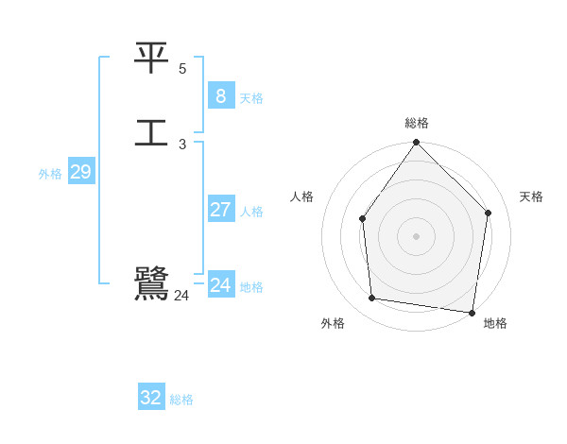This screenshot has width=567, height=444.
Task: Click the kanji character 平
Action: pyautogui.click(x=151, y=60)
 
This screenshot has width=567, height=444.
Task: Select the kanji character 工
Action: pyautogui.click(x=151, y=130)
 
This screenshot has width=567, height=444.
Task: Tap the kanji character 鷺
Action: pyautogui.click(x=151, y=282)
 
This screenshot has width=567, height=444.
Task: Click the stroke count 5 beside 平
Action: pyautogui.click(x=182, y=69)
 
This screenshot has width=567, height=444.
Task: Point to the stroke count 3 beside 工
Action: pyautogui.click(x=182, y=145)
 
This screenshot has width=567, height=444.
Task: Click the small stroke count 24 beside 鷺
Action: pyautogui.click(x=181, y=296)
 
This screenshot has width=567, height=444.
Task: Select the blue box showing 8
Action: pyautogui.click(x=220, y=95)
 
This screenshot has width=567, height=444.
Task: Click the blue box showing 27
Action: pyautogui.click(x=220, y=210)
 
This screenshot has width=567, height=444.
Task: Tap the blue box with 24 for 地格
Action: pyautogui.click(x=220, y=284)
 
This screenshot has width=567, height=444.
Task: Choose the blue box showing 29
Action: pyautogui.click(x=80, y=172)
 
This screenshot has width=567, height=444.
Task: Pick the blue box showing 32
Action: pyautogui.click(x=151, y=398)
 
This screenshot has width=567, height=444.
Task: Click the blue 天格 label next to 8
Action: pyautogui.click(x=251, y=98)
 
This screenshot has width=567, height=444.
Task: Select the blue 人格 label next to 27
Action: pyautogui.click(x=251, y=212)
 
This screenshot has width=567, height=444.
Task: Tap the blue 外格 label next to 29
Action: pyautogui.click(x=50, y=174)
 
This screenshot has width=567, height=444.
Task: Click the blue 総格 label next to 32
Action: pyautogui.click(x=181, y=400)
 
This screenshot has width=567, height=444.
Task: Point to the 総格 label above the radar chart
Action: pyautogui.click(x=416, y=123)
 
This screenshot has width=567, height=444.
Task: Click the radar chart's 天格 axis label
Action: pyautogui.click(x=531, y=196)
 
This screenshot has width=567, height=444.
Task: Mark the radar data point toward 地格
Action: pyautogui.click(x=472, y=312)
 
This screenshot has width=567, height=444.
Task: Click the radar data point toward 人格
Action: pyautogui.click(x=363, y=219)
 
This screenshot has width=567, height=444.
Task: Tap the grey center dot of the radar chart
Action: pyautogui.click(x=416, y=235)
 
